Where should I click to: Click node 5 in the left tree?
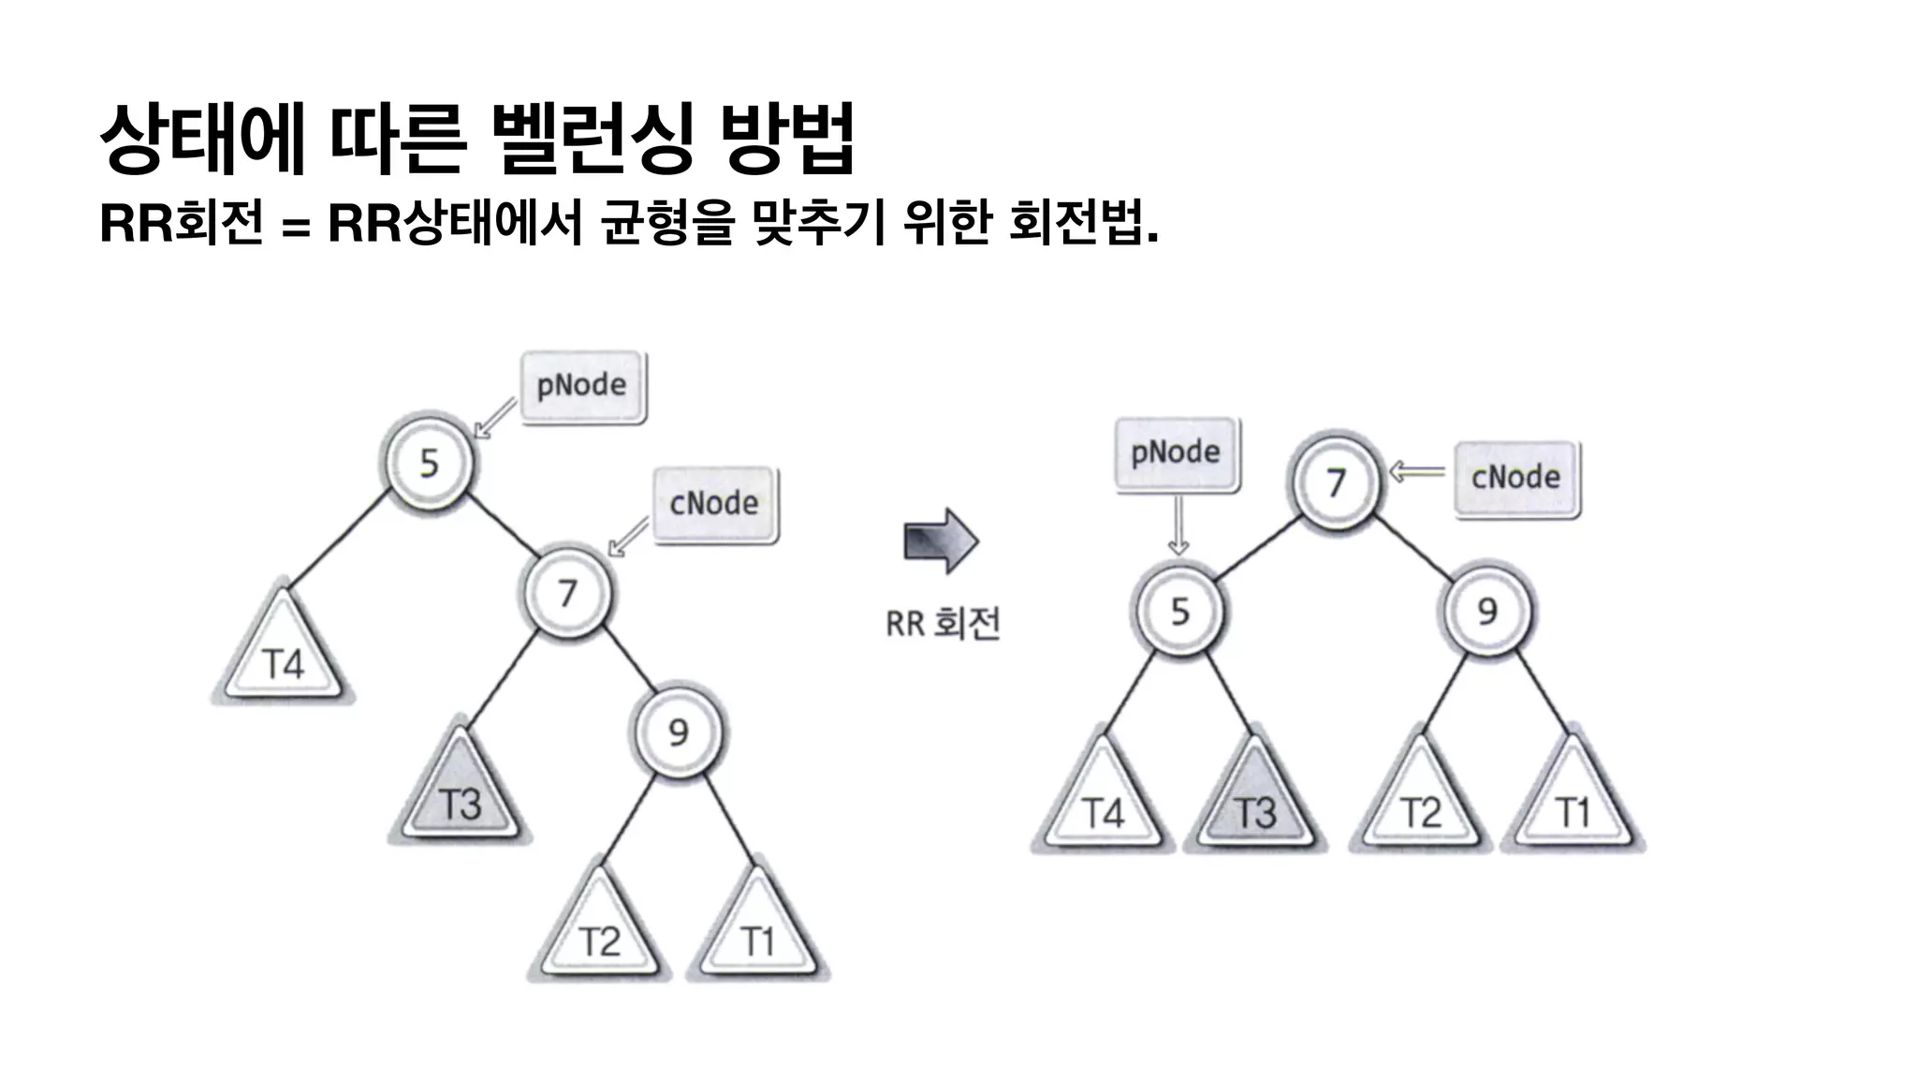[x=429, y=462]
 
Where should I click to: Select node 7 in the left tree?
[x=567, y=592]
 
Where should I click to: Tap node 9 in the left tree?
[x=680, y=732]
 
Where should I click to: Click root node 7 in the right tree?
[x=1336, y=481]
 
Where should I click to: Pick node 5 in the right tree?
[x=1179, y=611]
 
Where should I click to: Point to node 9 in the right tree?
[x=1487, y=611]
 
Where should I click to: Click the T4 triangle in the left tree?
[x=283, y=656]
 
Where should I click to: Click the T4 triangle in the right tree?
[x=1103, y=805]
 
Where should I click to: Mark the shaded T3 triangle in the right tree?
[x=1255, y=805]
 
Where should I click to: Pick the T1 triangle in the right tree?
[x=1573, y=805]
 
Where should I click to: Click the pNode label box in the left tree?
[x=582, y=385]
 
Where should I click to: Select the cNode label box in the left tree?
[x=714, y=504]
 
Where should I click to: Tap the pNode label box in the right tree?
[x=1177, y=453]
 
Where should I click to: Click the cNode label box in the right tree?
[x=1516, y=478]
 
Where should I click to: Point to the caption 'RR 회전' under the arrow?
[x=943, y=623]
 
